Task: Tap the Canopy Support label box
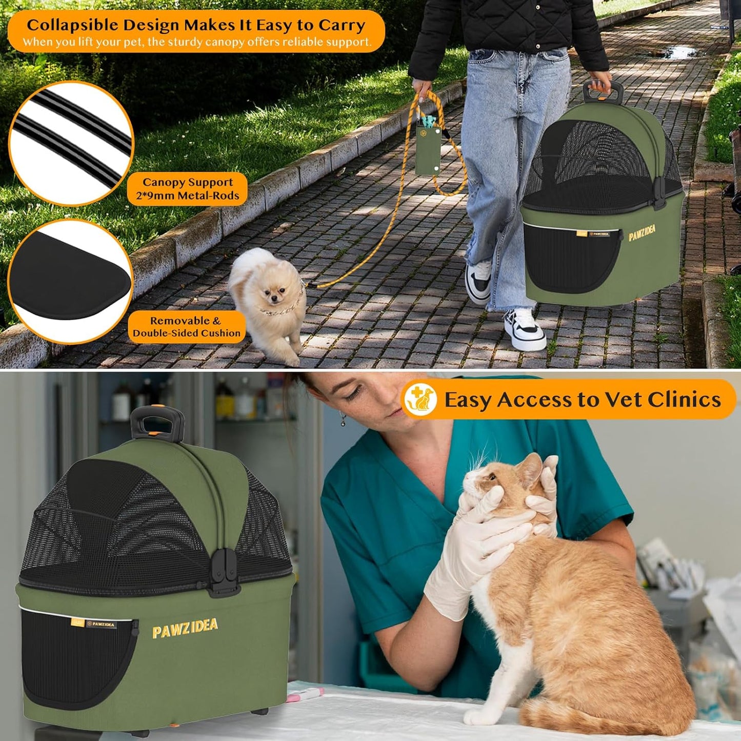187,189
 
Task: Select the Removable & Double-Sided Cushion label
187,327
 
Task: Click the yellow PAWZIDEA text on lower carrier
185,628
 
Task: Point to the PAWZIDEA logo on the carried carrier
642,233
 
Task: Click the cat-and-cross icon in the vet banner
420,399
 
